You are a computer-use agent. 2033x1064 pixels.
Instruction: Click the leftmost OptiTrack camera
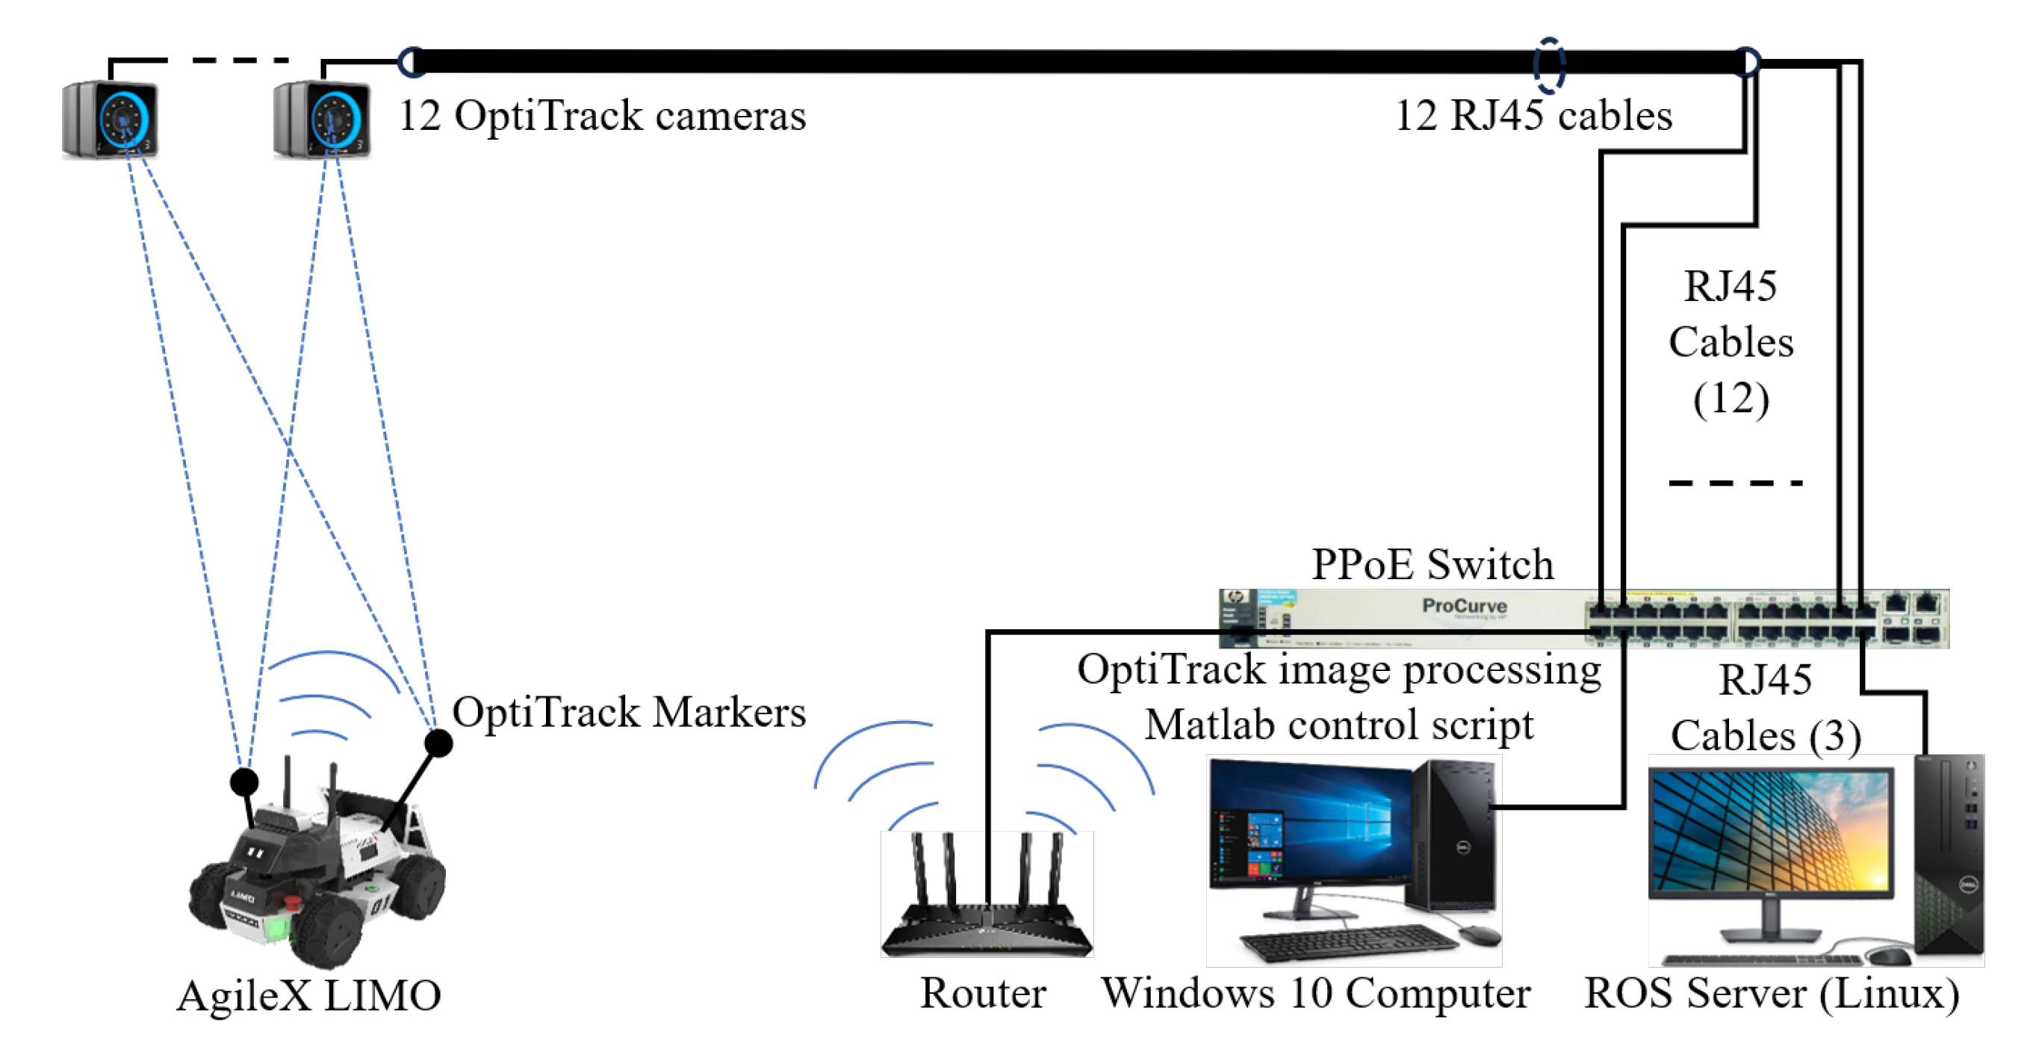[111, 120]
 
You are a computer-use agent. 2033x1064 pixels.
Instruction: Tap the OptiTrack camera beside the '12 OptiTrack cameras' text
[322, 120]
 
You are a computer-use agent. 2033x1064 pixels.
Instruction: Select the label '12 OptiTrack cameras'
[602, 116]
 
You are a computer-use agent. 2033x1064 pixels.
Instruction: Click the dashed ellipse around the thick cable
[1548, 66]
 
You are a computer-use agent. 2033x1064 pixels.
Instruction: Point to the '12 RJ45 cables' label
[1533, 116]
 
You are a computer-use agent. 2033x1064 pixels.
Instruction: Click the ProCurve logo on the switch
[1464, 606]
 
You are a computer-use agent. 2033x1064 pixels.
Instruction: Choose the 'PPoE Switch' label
[1432, 564]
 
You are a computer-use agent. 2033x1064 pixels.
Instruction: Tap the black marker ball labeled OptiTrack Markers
[439, 742]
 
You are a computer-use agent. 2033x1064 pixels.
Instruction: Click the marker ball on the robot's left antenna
[244, 782]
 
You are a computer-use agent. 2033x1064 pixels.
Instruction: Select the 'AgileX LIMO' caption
[308, 995]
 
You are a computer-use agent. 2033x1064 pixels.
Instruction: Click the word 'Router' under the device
[983, 993]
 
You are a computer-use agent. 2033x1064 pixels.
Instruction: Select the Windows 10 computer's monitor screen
[1310, 825]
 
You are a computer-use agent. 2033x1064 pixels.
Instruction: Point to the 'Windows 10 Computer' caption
[1315, 993]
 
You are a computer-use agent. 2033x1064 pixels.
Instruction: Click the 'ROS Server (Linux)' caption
[1772, 993]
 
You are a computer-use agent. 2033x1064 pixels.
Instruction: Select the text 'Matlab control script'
[1339, 725]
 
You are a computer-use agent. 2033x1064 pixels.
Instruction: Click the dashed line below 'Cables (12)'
[1736, 482]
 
